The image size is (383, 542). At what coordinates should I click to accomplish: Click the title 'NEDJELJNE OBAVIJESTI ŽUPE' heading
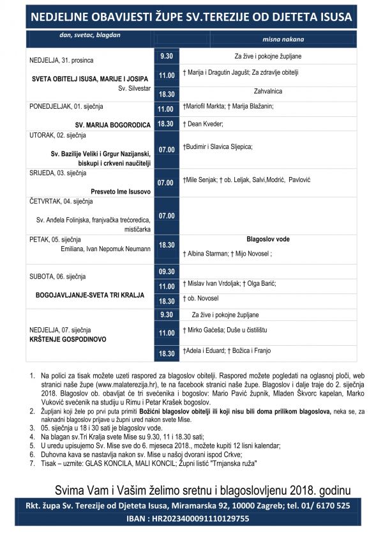coord(191,15)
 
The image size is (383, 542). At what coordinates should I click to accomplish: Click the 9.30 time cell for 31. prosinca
coord(167,56)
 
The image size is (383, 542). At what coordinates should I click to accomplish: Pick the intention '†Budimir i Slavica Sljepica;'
coord(218,146)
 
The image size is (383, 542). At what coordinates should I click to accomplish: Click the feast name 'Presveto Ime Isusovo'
coord(119,191)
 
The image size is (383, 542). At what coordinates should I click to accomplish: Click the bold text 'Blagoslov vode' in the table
coord(267,239)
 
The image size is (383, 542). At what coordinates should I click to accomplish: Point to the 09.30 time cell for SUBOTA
coord(167,272)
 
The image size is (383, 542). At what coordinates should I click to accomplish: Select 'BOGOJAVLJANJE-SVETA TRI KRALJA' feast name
coord(89,295)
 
